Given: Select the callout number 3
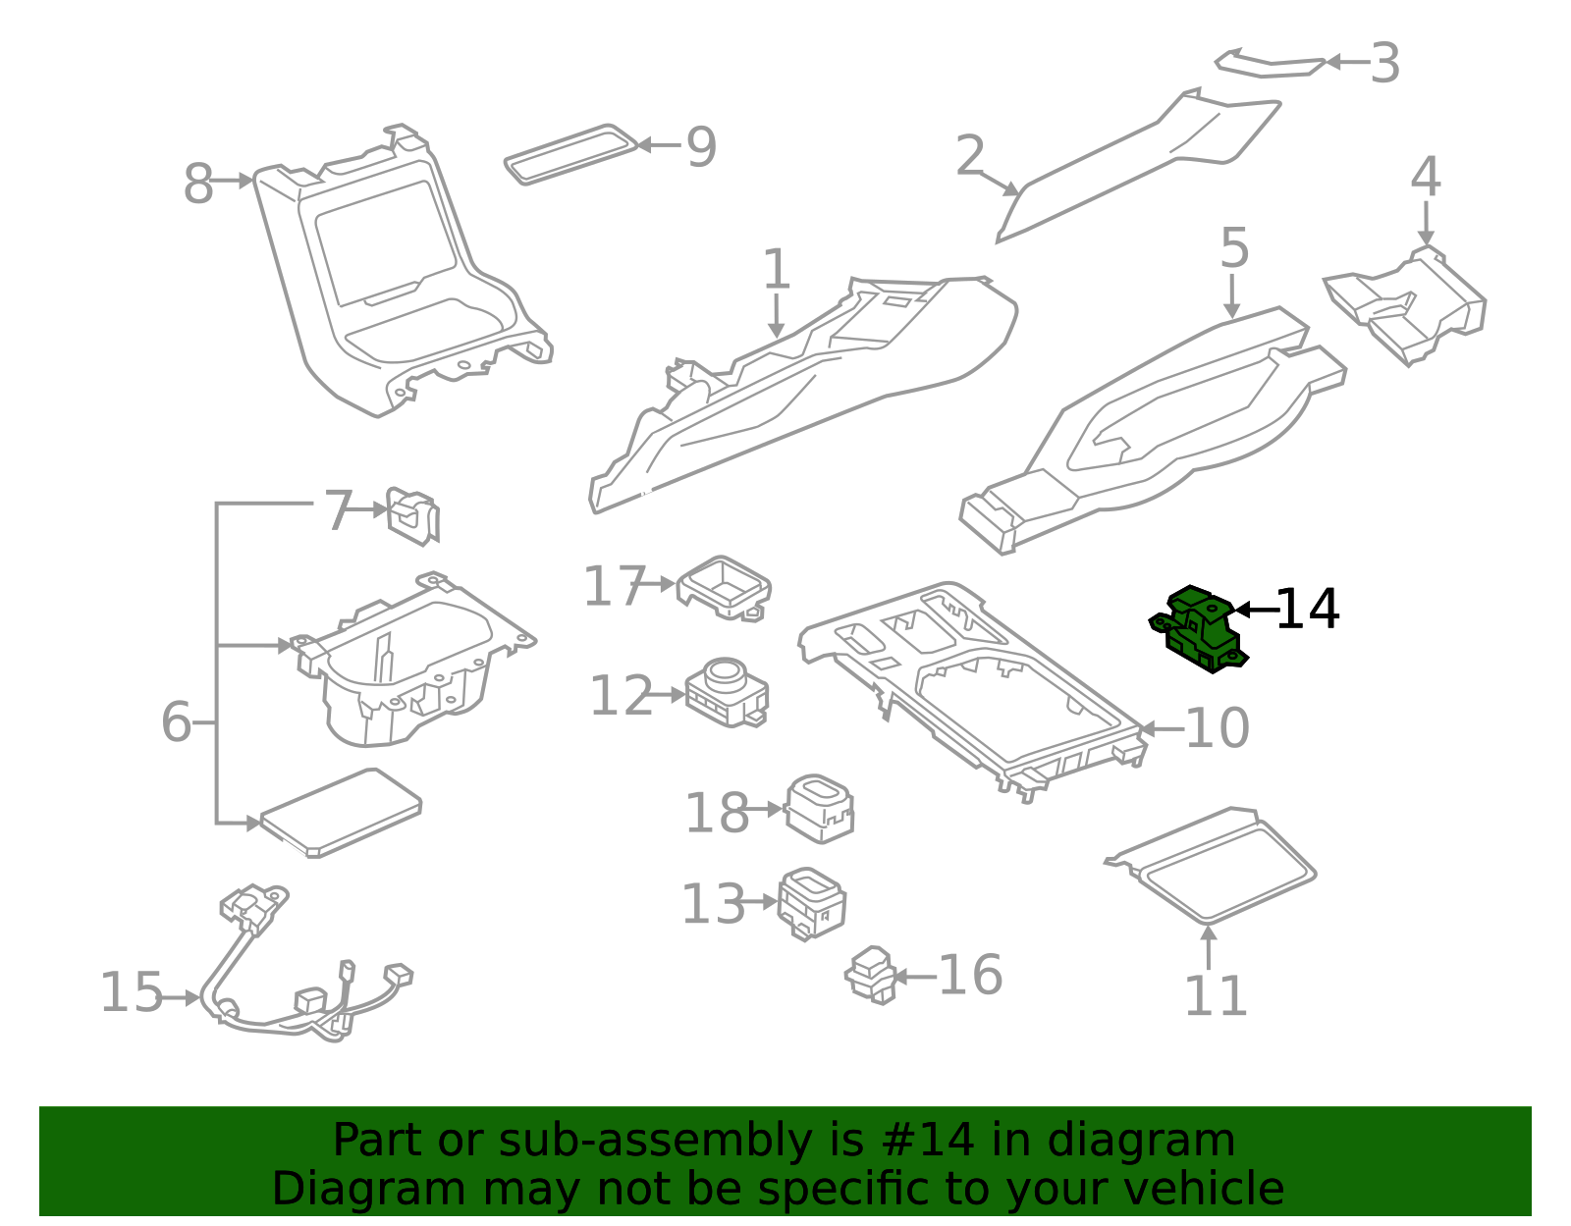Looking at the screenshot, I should [1384, 64].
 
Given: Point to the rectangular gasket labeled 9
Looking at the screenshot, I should [569, 153].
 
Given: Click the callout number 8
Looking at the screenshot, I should [198, 184].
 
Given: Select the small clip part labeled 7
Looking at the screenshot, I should [412, 514].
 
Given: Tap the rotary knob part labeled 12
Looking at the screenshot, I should [727, 691].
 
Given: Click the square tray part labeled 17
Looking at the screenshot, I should [725, 587].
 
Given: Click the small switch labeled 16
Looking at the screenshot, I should [871, 976].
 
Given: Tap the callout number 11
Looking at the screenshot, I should [1216, 996].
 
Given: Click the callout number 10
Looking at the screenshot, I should [1218, 728].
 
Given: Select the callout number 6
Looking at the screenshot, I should [177, 722].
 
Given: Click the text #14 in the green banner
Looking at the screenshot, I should [928, 1141].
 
